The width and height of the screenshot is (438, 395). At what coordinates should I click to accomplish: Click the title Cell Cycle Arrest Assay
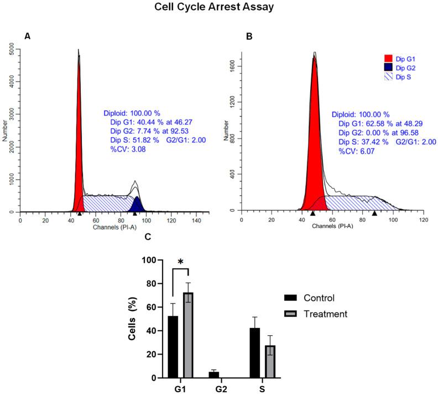click(x=219, y=8)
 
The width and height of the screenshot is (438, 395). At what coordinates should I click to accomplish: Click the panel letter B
click(x=249, y=36)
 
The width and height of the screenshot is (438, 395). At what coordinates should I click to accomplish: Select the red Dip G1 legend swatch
click(x=388, y=58)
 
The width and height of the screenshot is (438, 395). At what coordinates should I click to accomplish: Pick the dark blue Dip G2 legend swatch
click(x=388, y=67)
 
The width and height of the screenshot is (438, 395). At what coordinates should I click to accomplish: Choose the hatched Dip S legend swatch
click(x=388, y=77)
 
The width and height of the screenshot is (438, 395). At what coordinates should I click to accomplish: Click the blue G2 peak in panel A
click(x=137, y=205)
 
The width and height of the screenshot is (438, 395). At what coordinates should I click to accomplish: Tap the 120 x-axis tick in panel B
click(x=423, y=220)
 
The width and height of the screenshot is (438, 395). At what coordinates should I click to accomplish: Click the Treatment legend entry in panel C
click(x=327, y=314)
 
